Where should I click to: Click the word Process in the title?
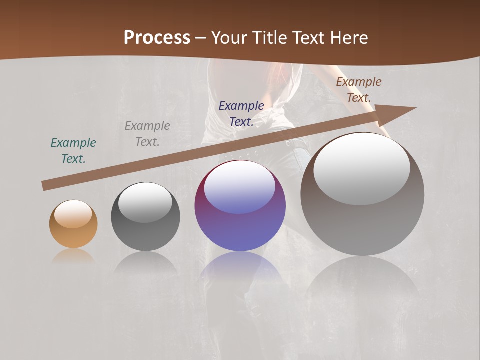tap(157, 38)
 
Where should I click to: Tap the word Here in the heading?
tap(348, 38)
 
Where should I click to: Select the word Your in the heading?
tap(227, 38)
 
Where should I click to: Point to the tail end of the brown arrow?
tap(45, 186)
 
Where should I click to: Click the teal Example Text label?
tap(73, 151)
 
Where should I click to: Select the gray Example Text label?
tap(147, 134)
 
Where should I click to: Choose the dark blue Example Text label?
tap(241, 113)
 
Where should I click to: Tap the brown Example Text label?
tap(359, 90)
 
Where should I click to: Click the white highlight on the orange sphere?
tap(73, 214)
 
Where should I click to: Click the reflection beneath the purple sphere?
tap(240, 267)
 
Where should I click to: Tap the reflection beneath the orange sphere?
tap(73, 256)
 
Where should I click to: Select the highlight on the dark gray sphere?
tap(145, 202)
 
